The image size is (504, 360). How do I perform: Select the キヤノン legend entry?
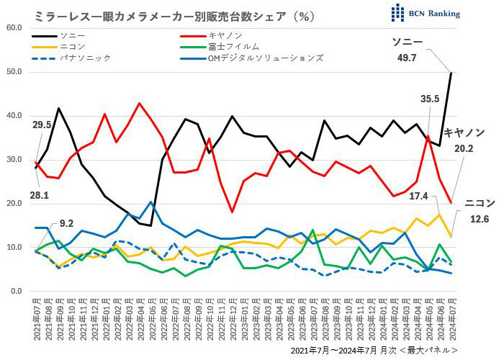222,34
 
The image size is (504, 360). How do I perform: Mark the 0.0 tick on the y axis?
17,291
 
